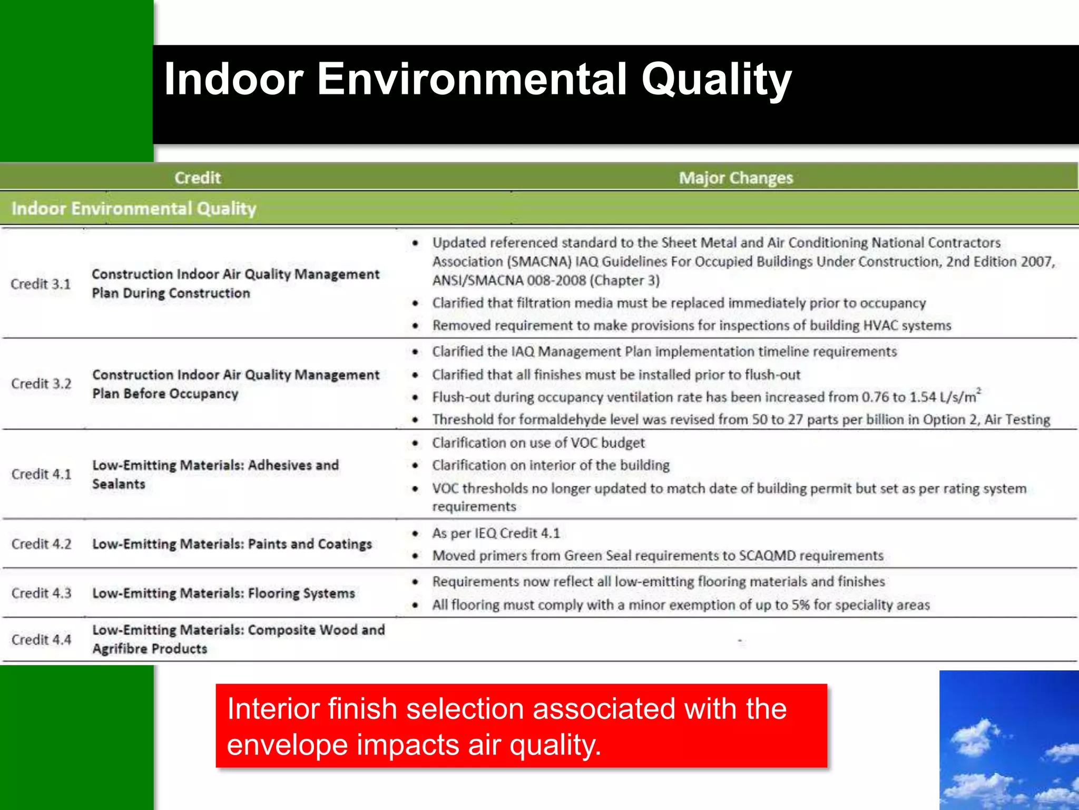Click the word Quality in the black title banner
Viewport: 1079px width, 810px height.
point(716,79)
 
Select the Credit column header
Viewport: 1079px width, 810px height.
point(198,178)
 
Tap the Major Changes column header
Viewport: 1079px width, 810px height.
point(735,178)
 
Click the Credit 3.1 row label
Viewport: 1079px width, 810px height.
point(41,284)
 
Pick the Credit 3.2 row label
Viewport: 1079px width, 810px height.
point(41,384)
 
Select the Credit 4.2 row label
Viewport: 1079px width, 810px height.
point(41,544)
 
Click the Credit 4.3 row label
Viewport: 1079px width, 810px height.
point(41,593)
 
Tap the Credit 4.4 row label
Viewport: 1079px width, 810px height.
point(41,640)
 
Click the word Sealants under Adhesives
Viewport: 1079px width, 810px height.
point(119,484)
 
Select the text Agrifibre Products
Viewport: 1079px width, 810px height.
point(150,649)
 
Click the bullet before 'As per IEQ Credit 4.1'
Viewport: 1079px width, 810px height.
point(416,534)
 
